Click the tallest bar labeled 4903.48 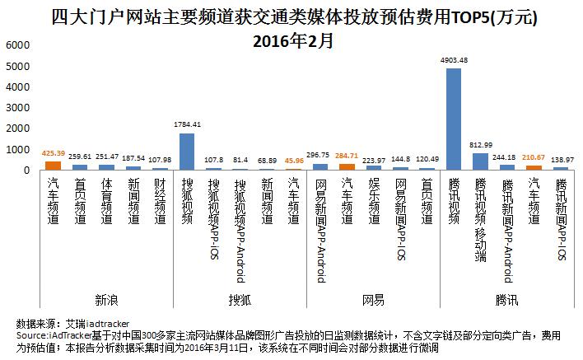click(x=453, y=119)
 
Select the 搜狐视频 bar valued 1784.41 click(x=187, y=152)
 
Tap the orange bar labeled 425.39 click(x=54, y=166)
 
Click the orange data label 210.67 click(x=534, y=157)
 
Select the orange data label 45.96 click(x=294, y=161)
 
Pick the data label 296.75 click(x=319, y=154)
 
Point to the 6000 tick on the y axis click(x=16, y=46)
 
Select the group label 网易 click(x=373, y=299)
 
